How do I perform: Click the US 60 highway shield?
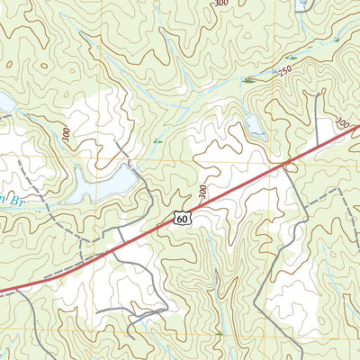183,218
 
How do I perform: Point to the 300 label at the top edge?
220,4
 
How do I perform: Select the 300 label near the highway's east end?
341,121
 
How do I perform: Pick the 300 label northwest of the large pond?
66,135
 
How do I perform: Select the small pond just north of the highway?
255,127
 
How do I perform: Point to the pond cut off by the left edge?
4,106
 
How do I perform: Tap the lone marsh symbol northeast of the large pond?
157,140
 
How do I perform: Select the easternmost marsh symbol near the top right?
335,41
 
